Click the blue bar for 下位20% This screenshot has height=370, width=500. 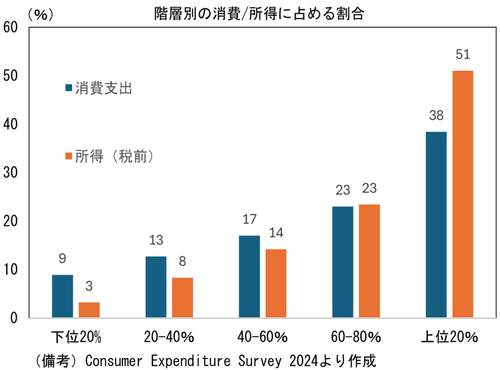pos(62,296)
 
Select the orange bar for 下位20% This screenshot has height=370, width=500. pos(89,310)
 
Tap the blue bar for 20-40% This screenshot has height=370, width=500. pos(156,287)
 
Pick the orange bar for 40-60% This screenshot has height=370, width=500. pos(276,283)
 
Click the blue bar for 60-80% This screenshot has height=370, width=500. pos(342,262)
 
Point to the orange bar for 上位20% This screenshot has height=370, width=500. pos(462,194)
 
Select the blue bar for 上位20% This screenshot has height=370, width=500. pos(435,224)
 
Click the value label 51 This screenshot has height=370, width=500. pos(462,55)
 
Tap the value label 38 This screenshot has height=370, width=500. pos(435,116)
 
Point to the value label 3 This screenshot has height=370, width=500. pos(89,287)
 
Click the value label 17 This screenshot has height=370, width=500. pos(249,220)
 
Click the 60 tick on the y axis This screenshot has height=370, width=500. pos(11,28)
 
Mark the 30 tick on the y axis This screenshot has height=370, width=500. pos(11,173)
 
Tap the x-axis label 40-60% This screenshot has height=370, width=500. pos(262,337)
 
